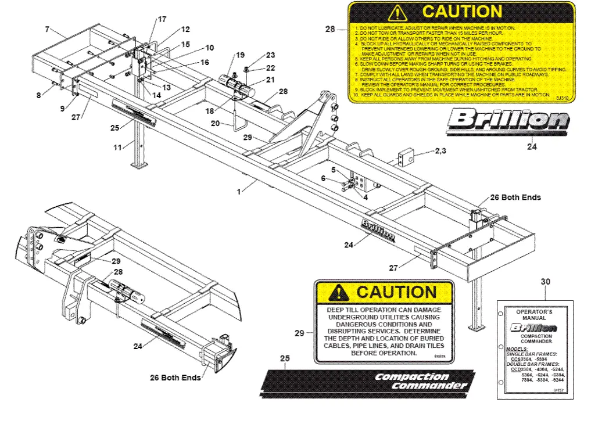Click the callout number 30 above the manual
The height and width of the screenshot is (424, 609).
tap(545, 282)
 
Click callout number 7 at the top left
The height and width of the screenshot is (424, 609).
tap(47, 28)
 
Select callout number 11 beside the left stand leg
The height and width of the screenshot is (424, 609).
tap(118, 148)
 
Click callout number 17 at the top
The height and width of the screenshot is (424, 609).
tap(162, 20)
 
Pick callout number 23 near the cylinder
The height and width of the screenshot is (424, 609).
tap(270, 56)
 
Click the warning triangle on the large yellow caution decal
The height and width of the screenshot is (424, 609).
tap(397, 12)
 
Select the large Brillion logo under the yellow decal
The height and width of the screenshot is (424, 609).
tap(508, 121)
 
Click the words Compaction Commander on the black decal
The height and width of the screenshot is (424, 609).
tap(421, 381)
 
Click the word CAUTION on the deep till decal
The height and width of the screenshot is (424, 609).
tap(396, 292)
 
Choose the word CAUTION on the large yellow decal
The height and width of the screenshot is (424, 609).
tap(462, 12)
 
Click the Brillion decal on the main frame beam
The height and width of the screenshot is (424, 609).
tap(378, 230)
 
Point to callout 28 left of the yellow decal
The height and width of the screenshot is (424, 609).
tap(330, 28)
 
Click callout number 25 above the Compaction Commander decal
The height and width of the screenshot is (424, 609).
tap(285, 359)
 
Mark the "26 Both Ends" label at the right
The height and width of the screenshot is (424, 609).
tap(515, 197)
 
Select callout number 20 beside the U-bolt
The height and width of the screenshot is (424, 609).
tap(216, 123)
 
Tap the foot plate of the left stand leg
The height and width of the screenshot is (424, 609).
tap(139, 166)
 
